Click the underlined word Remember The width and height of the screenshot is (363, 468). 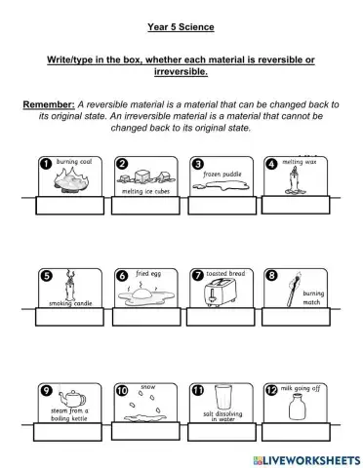(51, 103)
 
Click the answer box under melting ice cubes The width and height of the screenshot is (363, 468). (141, 206)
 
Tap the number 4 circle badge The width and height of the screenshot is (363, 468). (271, 164)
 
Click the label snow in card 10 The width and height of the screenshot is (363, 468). (148, 387)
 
